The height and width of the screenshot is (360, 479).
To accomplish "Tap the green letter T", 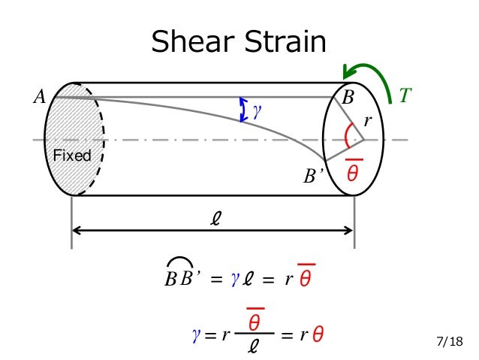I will [405, 95].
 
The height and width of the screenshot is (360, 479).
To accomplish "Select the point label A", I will [39, 96].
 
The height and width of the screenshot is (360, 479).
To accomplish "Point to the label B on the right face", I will [348, 98].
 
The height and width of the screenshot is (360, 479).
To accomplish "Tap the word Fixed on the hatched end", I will [72, 156].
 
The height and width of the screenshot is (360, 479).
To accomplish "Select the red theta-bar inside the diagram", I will [354, 171].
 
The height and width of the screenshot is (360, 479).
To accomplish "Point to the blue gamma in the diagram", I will [257, 110].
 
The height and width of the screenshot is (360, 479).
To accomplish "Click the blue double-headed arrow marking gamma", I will [243, 110].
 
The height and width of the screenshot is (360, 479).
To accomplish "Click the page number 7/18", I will [450, 343].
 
